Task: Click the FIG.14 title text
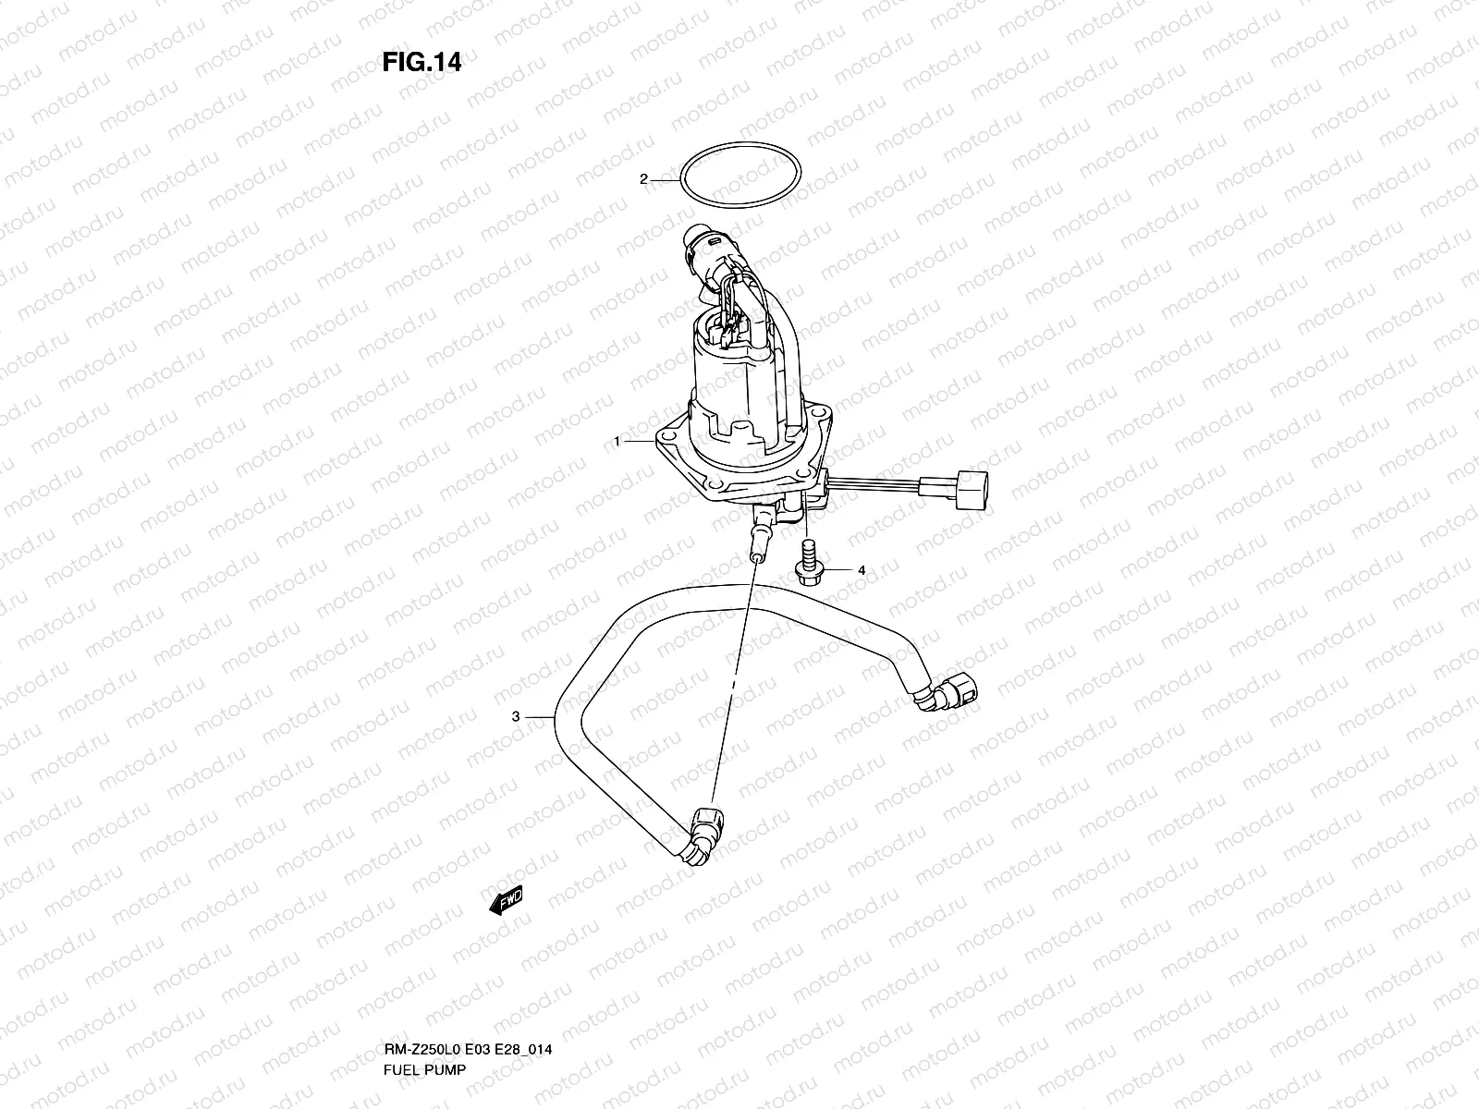(x=422, y=63)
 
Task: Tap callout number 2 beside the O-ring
(x=643, y=179)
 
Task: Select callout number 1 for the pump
(x=617, y=442)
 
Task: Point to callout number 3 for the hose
(x=517, y=716)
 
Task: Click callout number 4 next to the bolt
(x=861, y=571)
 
